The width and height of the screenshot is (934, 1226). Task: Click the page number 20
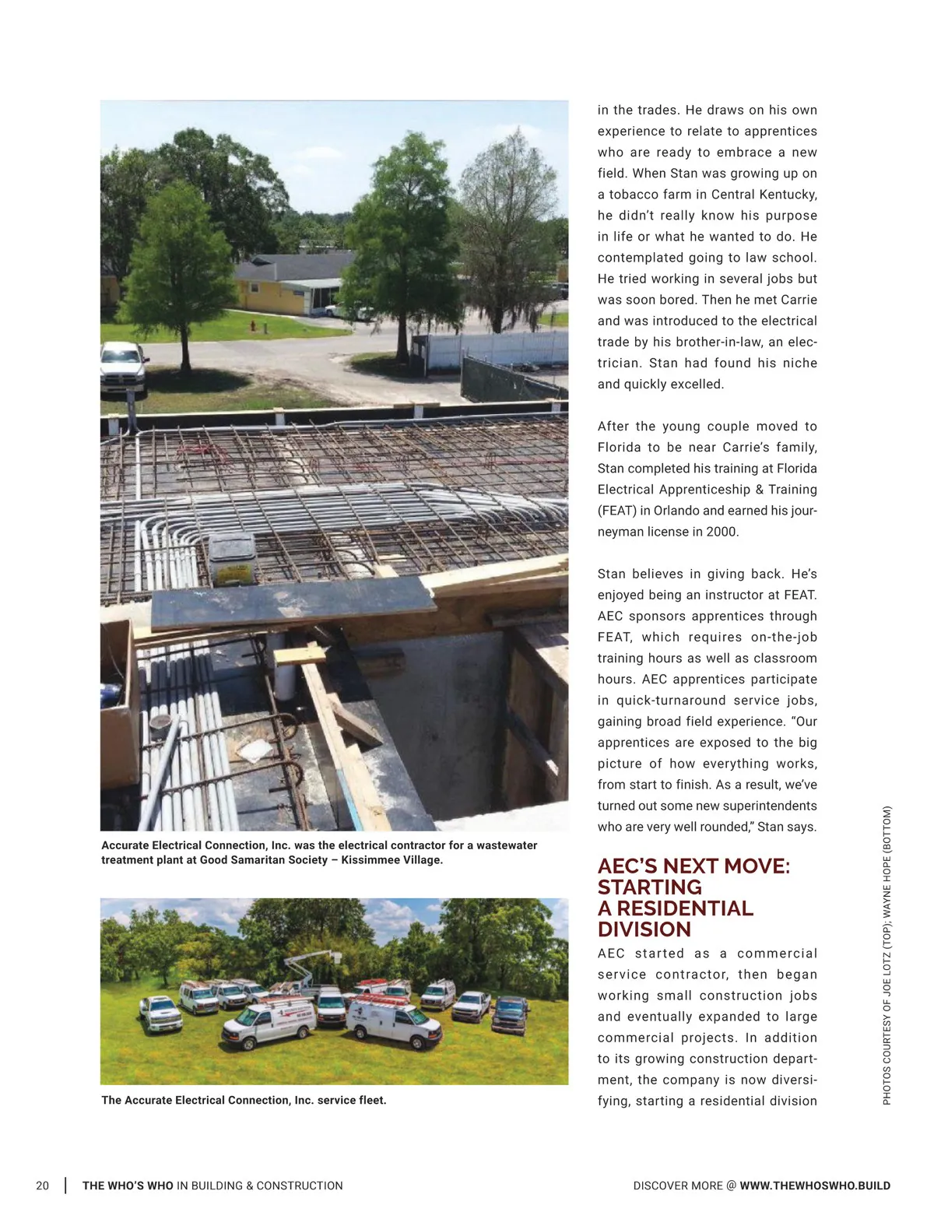42,1186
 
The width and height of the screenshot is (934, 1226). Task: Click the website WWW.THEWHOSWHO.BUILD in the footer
815,1186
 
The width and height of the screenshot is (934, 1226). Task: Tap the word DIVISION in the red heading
644,929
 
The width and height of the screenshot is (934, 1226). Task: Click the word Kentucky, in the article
787,195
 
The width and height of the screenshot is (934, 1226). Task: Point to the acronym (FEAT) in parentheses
616,511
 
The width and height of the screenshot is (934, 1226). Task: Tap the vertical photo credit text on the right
887,955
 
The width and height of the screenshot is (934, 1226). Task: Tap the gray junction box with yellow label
231,559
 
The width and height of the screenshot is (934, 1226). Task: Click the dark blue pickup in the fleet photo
510,1014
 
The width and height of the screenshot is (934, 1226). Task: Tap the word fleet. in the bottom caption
370,1100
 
